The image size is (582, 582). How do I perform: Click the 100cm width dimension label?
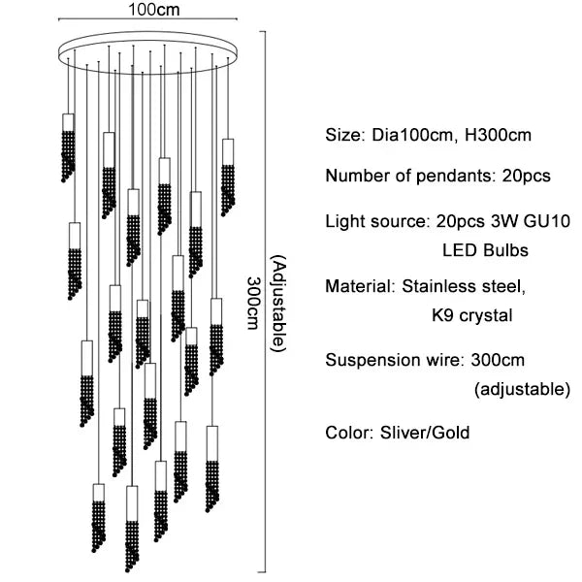click(x=145, y=11)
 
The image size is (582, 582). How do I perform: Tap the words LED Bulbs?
click(x=485, y=250)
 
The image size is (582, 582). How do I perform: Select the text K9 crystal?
click(x=471, y=315)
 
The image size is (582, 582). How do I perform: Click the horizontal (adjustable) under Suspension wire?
click(x=521, y=390)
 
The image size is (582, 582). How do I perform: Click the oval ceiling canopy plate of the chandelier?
click(x=145, y=48)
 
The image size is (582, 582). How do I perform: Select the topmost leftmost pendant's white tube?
click(x=68, y=123)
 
